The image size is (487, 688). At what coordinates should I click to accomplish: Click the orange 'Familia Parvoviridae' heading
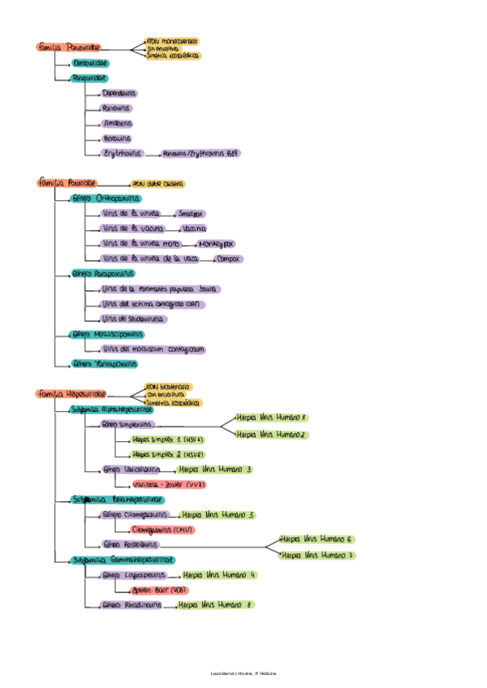click(68, 49)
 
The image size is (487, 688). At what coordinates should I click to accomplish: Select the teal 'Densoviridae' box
click(89, 63)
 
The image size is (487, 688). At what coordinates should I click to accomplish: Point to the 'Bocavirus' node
click(117, 138)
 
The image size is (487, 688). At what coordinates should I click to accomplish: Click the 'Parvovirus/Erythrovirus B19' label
click(201, 153)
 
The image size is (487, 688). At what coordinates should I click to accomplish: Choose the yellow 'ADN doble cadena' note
click(157, 184)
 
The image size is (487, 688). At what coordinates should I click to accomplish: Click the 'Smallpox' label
click(191, 213)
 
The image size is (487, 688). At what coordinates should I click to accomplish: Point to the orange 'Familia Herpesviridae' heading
click(71, 393)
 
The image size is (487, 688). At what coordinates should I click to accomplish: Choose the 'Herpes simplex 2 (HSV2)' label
click(168, 454)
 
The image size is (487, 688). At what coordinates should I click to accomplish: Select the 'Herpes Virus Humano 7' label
click(316, 555)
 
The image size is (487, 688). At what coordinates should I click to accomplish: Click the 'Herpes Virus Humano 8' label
click(215, 604)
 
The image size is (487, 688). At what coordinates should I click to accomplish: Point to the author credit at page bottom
click(243, 674)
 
